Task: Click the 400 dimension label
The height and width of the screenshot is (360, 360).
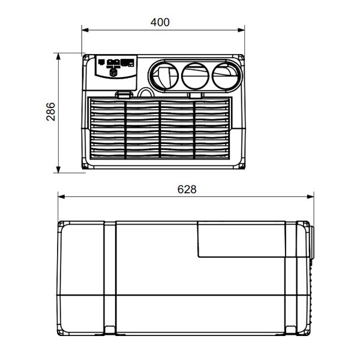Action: click(x=160, y=22)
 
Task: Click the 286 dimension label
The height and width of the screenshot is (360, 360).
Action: click(x=51, y=112)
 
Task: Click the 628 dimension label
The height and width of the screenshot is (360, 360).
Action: click(x=187, y=190)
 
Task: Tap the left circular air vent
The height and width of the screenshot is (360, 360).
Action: click(x=164, y=75)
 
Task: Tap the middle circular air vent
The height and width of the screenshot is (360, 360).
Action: click(x=195, y=76)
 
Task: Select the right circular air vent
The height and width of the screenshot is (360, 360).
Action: click(x=225, y=76)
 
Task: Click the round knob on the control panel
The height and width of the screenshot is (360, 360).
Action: click(x=113, y=73)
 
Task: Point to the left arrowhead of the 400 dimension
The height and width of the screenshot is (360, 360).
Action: click(x=85, y=30)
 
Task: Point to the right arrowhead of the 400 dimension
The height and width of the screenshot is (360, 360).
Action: click(x=241, y=30)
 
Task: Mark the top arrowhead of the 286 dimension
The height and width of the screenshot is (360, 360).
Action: click(x=58, y=56)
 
